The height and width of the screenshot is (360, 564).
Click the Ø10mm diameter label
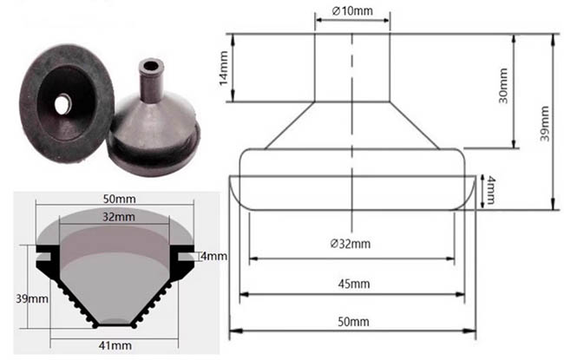[x=352, y=10]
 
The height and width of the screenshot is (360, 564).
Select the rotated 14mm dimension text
[x=224, y=69]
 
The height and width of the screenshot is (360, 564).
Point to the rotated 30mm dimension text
[x=503, y=86]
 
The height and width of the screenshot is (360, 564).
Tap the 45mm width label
[x=354, y=285]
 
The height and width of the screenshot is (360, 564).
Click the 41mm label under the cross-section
[x=115, y=345]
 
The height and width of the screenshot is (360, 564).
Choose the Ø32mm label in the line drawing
[x=351, y=244]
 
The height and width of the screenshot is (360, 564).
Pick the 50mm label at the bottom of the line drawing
[x=353, y=322]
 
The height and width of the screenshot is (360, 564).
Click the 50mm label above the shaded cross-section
[x=120, y=199]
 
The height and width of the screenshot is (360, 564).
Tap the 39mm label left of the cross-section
[x=31, y=298]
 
